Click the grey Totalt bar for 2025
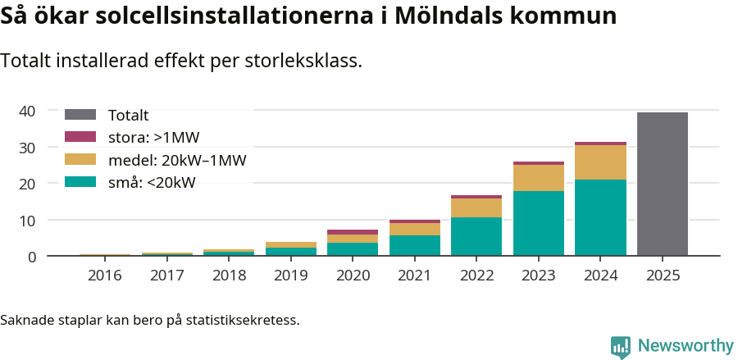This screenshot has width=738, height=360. point(662,185)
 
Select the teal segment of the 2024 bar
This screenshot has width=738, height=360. point(600,218)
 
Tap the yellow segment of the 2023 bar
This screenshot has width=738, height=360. point(539,178)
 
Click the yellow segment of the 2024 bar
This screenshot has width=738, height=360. point(600,162)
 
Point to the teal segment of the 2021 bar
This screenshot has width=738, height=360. point(414,246)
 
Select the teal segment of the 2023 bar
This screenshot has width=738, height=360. point(539,224)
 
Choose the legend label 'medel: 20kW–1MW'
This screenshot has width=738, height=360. point(177,159)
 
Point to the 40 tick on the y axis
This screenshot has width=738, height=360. point(27,111)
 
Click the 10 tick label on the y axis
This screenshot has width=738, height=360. point(27,221)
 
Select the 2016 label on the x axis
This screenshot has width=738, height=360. point(104,276)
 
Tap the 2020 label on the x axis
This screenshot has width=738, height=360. point(353,276)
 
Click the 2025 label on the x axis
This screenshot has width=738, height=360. point(662,276)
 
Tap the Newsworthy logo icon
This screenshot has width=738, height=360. point(621,346)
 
